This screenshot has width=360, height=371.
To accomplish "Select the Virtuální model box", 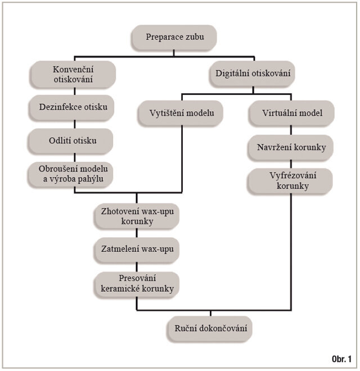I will click(x=292, y=112).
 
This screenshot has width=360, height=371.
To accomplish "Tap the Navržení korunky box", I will click(x=292, y=147).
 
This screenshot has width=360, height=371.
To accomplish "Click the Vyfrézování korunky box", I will click(x=292, y=181).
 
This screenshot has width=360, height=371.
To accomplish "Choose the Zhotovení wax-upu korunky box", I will click(x=137, y=216).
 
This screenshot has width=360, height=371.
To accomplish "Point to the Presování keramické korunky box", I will click(x=137, y=284).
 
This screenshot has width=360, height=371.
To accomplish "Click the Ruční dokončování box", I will click(x=209, y=327).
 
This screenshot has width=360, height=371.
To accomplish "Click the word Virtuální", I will click(x=279, y=112).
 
